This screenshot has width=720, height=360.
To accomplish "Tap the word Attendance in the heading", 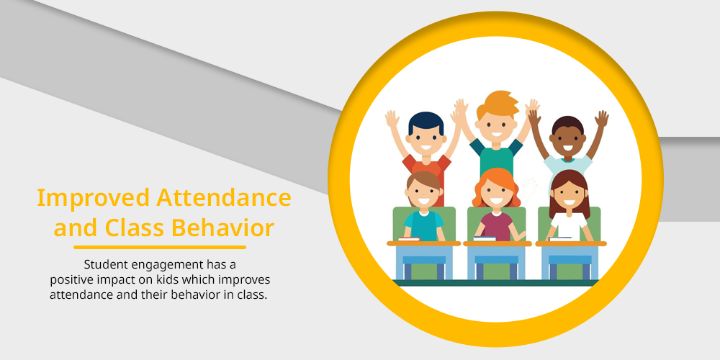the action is point(224,197).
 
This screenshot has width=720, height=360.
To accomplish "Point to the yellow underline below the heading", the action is point(160,248).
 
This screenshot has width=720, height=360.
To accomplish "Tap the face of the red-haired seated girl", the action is point(496,194).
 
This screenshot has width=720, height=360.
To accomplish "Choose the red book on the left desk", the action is point(409,239).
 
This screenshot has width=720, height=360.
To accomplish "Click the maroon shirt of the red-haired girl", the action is point(496,226).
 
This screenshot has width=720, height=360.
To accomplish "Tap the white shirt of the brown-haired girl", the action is point(569,226).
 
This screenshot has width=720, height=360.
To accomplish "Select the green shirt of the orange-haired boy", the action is point(496,158).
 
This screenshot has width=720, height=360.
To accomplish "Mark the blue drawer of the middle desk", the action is point(496,259).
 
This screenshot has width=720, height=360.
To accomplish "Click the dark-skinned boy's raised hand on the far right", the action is point(601,119).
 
